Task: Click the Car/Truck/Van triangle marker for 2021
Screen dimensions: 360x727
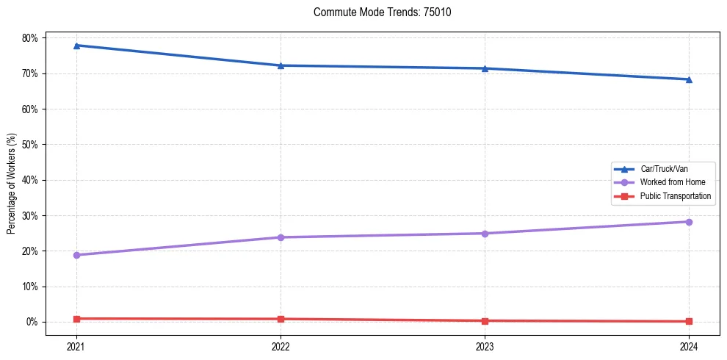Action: pyautogui.click(x=76, y=46)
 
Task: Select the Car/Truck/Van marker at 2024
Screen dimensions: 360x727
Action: pyautogui.click(x=689, y=79)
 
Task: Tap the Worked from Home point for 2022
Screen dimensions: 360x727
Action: pyautogui.click(x=281, y=237)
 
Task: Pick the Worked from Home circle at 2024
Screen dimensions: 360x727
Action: pyautogui.click(x=689, y=222)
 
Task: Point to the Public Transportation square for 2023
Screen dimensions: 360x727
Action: pyautogui.click(x=485, y=321)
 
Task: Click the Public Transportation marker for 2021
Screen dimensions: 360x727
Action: pyautogui.click(x=76, y=319)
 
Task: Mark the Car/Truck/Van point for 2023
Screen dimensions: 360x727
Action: pyautogui.click(x=485, y=68)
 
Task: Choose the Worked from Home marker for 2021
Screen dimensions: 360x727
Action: pyautogui.click(x=76, y=255)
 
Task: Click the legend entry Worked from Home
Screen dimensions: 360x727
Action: pyautogui.click(x=672, y=182)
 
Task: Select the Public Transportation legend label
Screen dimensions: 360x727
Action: pyautogui.click(x=675, y=196)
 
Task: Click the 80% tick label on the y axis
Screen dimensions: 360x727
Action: pyautogui.click(x=32, y=37)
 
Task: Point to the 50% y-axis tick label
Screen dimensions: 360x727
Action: pyautogui.click(x=32, y=145)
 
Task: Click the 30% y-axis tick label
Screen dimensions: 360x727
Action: pyautogui.click(x=32, y=215)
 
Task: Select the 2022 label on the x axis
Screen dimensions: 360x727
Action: pyautogui.click(x=281, y=345)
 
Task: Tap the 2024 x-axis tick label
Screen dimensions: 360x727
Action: pyautogui.click(x=689, y=345)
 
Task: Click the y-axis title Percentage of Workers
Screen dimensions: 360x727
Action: pyautogui.click(x=12, y=184)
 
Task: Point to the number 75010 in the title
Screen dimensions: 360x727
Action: pyautogui.click(x=437, y=12)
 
